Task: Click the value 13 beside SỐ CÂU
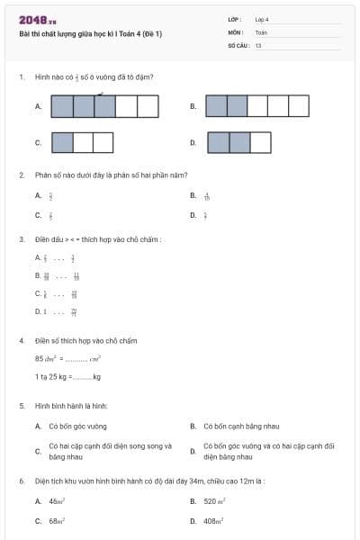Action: [x=258, y=44]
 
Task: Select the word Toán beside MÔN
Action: [x=261, y=31]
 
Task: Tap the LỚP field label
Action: [x=234, y=19]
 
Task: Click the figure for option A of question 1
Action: [x=104, y=106]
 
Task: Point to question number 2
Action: [x=21, y=175]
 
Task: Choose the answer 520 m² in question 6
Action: [x=216, y=501]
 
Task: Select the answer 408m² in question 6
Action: [x=214, y=521]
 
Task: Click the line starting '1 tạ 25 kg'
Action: [x=67, y=376]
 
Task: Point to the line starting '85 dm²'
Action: [x=67, y=359]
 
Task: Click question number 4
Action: [x=21, y=341]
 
